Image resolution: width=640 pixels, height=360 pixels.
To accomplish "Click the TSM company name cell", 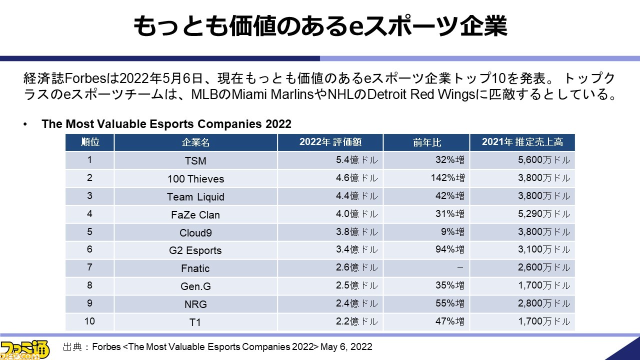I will click(x=195, y=160).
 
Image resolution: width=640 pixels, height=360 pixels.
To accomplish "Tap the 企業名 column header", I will click(x=195, y=142).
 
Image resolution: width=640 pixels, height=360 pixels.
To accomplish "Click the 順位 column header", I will click(x=90, y=142).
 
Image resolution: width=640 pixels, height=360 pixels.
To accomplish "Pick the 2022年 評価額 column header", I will click(x=330, y=142).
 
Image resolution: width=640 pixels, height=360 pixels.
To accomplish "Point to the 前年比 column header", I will click(x=426, y=142).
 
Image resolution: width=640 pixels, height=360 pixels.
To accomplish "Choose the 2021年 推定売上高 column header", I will click(x=522, y=142).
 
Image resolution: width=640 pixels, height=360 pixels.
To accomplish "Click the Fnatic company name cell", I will click(x=195, y=268).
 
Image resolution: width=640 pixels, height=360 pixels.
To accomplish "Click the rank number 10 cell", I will click(x=90, y=321).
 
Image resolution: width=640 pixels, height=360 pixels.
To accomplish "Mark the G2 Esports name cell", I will click(x=195, y=250).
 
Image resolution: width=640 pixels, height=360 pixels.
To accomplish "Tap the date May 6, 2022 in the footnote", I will click(x=346, y=346).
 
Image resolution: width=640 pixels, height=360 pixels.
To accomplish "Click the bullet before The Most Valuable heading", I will click(x=25, y=124).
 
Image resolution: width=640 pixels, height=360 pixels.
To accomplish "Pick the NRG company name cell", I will click(x=195, y=304).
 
